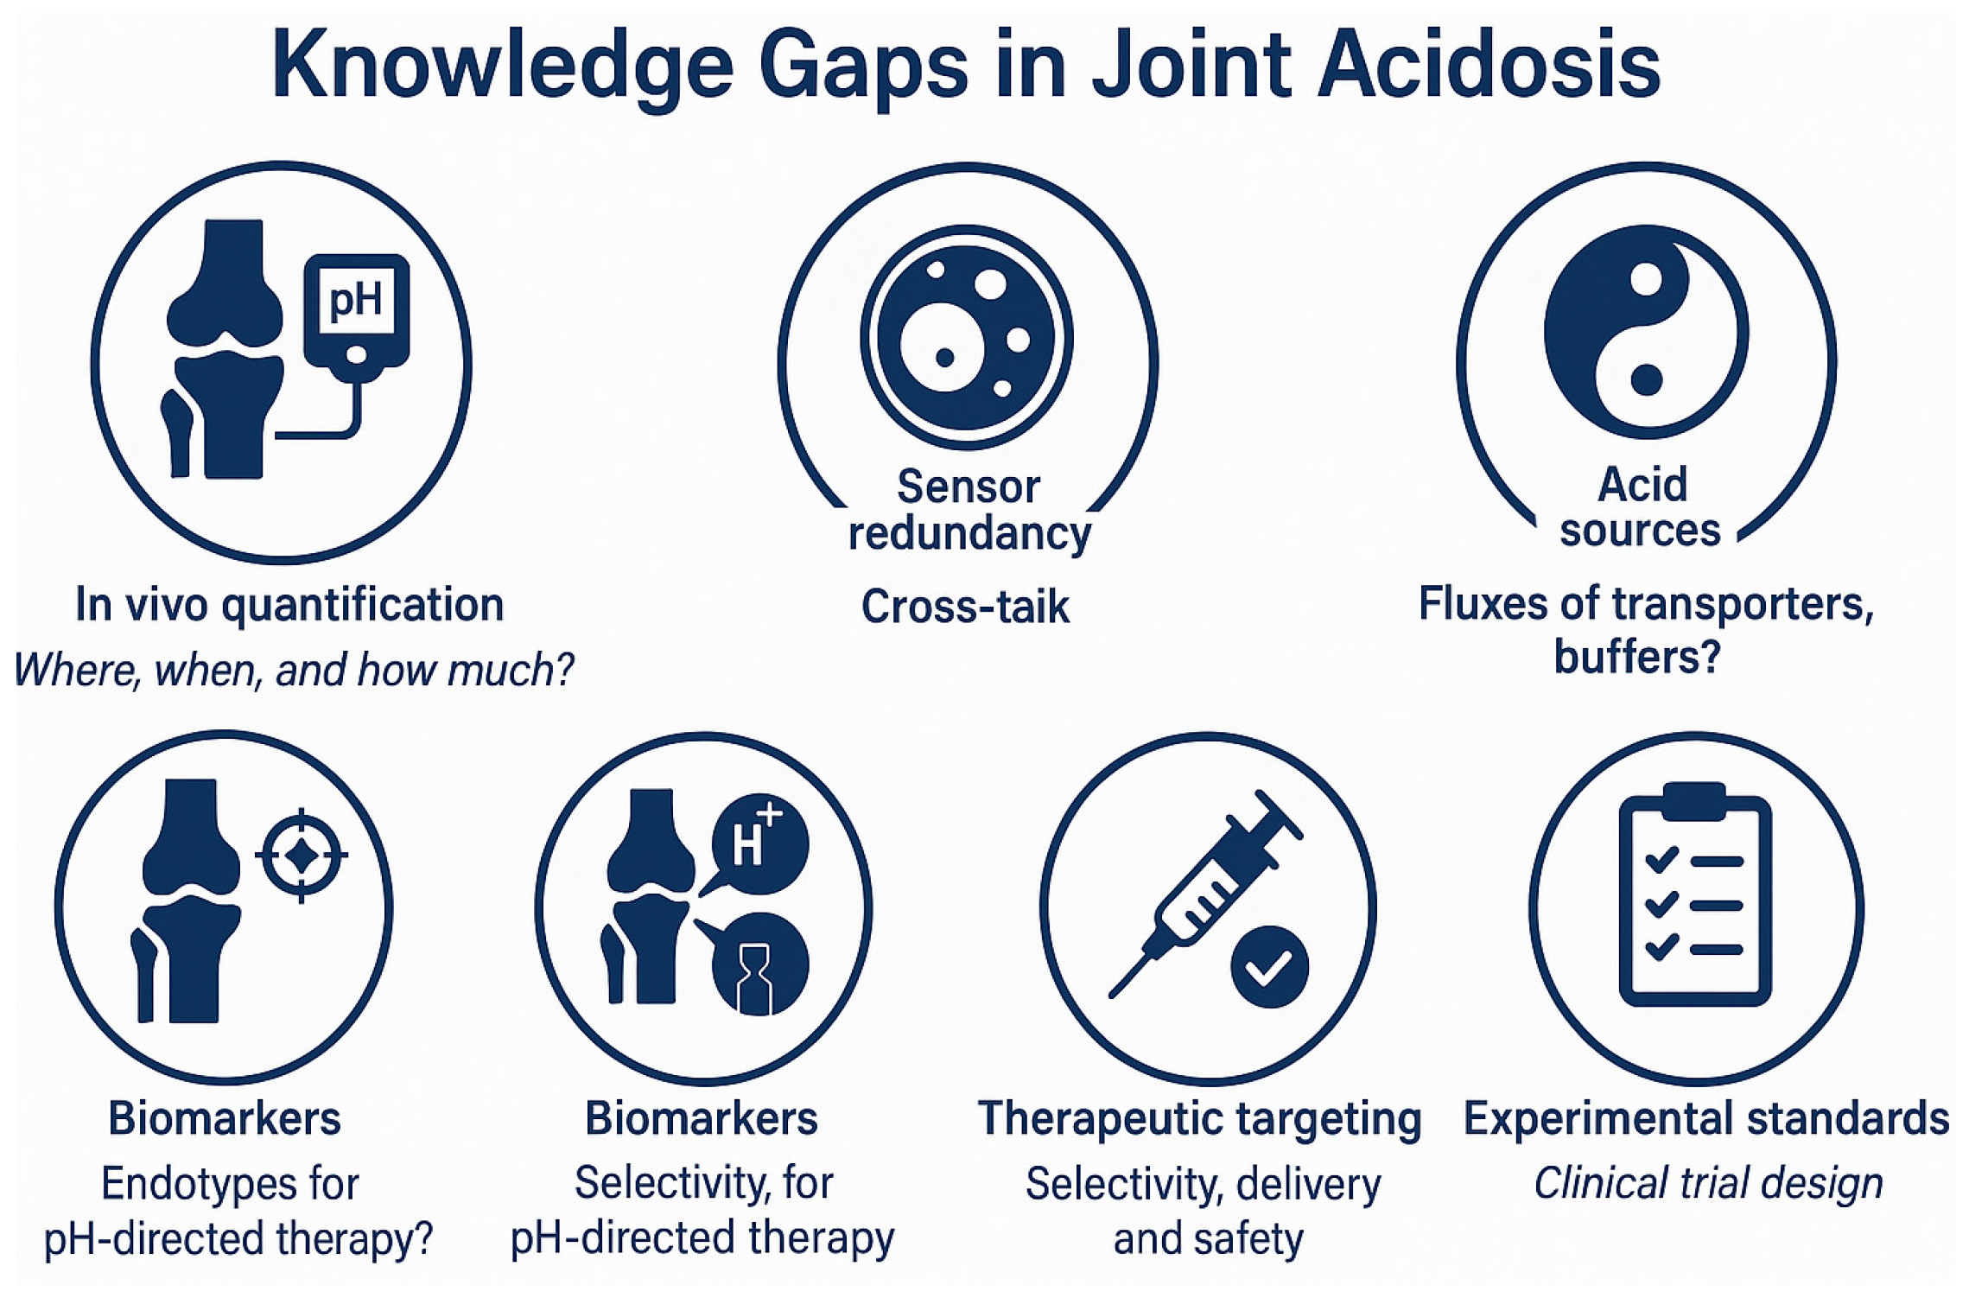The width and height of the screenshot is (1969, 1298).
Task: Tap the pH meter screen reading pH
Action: point(356,300)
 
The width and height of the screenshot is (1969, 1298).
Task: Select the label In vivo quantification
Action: point(289,604)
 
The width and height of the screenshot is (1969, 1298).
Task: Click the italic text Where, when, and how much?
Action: point(294,670)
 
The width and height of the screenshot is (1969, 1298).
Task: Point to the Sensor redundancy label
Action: point(969,510)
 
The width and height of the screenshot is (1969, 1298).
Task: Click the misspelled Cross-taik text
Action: point(965,607)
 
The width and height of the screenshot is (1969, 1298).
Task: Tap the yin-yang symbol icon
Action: point(1645,332)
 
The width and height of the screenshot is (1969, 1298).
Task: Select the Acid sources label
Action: point(1641,507)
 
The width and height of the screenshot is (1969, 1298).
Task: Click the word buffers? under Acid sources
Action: point(1637,658)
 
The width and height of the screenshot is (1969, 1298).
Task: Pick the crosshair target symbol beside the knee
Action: point(302,856)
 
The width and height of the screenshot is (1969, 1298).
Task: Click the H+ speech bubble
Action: point(759,843)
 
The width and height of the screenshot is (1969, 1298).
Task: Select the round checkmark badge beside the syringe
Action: point(1268,967)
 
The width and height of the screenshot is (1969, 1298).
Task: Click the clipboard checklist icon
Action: point(1694,896)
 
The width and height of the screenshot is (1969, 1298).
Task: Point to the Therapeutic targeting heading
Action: point(1199,1119)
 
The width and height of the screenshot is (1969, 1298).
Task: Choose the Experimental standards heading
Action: point(1705,1119)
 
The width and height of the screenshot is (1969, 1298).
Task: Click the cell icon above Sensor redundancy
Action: point(966,338)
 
